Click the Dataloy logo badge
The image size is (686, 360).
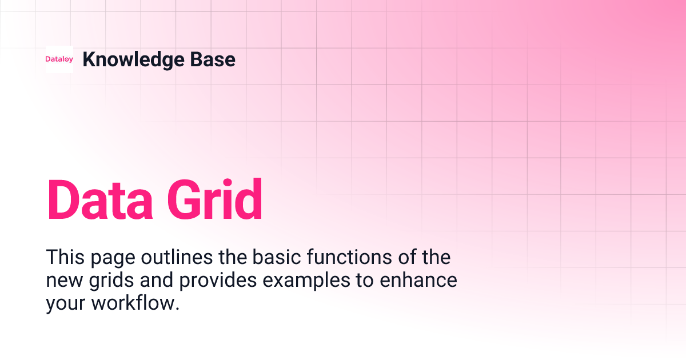(59, 59)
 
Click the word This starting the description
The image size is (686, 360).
(65, 257)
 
